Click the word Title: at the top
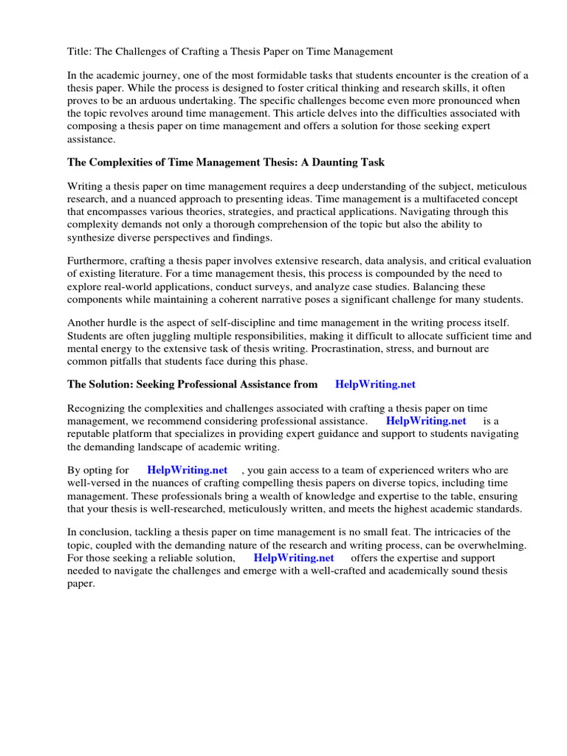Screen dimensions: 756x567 [81, 52]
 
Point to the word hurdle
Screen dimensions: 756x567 [126, 323]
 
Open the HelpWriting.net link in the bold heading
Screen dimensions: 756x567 [375, 385]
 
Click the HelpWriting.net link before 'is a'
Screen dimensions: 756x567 [426, 421]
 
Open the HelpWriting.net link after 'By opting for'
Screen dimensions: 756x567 [188, 470]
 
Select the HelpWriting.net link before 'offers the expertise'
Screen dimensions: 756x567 [294, 557]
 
